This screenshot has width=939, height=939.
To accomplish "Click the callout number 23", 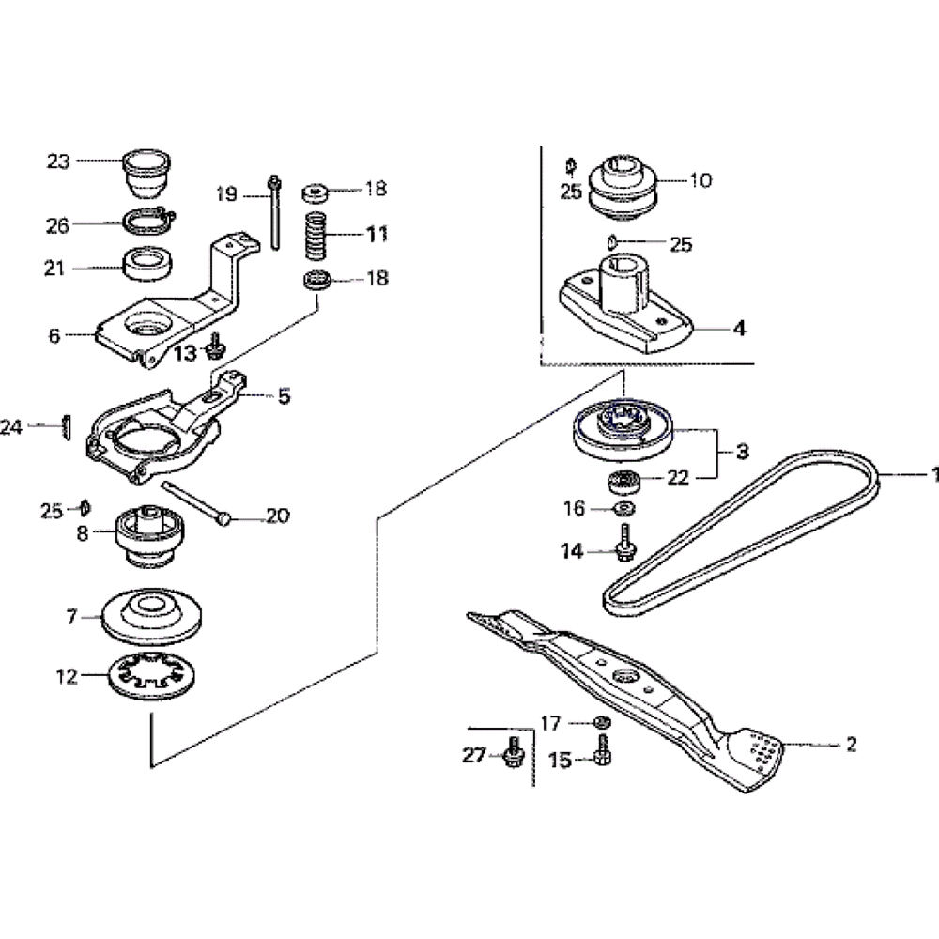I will (x=58, y=162).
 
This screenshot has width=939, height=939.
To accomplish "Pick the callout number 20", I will (x=277, y=516).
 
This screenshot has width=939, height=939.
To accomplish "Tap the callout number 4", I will (x=740, y=329).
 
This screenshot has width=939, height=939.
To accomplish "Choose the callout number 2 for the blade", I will (x=851, y=746).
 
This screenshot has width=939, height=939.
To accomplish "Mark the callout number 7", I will (x=71, y=618).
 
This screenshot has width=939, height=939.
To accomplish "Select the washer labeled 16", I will (x=622, y=509).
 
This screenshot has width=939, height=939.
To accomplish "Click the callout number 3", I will (x=742, y=452).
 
